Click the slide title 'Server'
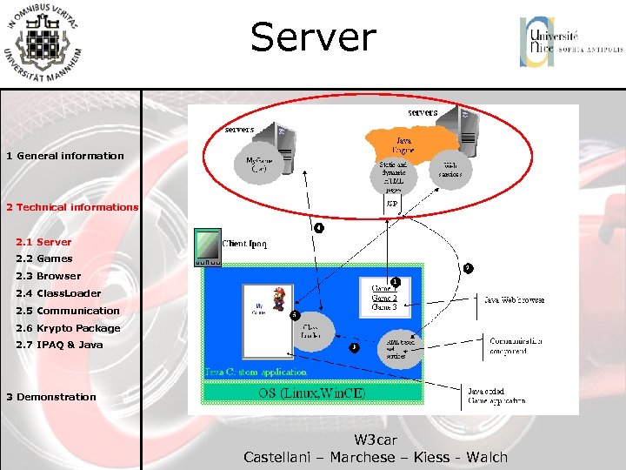(313, 38)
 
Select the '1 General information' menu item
(65, 156)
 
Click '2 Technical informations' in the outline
(72, 207)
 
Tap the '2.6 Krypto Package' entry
(68, 328)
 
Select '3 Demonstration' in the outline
(51, 397)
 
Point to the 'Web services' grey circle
(451, 169)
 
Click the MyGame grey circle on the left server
(259, 164)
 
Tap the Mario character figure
(279, 298)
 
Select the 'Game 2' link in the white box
(384, 298)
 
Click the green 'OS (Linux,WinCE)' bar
(313, 393)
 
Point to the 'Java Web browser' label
(514, 299)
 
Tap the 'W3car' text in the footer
(376, 440)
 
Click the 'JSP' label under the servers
(392, 205)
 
